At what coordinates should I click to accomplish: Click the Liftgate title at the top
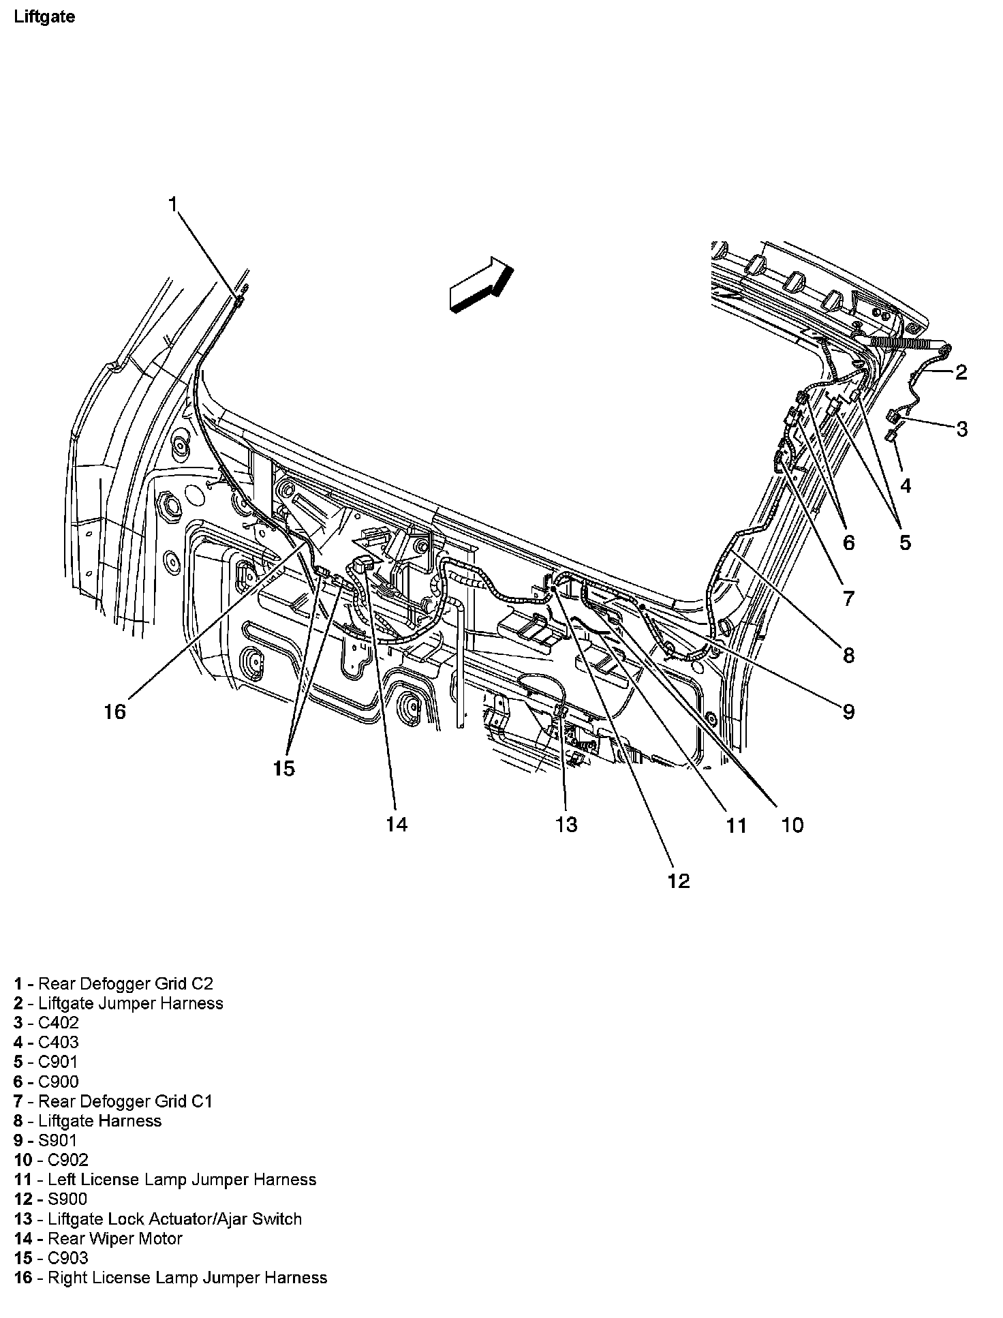coord(44,17)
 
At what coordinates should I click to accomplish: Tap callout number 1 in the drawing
coord(173,204)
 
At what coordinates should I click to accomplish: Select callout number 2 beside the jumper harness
coord(961,372)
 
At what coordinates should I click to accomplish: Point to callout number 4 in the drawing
coord(905,485)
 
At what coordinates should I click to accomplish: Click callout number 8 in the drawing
coord(848,655)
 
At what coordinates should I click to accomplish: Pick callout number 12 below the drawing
coord(679,881)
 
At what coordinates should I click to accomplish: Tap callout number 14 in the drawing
coord(397,825)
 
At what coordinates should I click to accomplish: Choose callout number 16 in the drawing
coord(115,711)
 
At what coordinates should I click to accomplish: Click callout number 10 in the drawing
coord(792,825)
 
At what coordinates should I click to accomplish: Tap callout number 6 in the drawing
coord(848,542)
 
